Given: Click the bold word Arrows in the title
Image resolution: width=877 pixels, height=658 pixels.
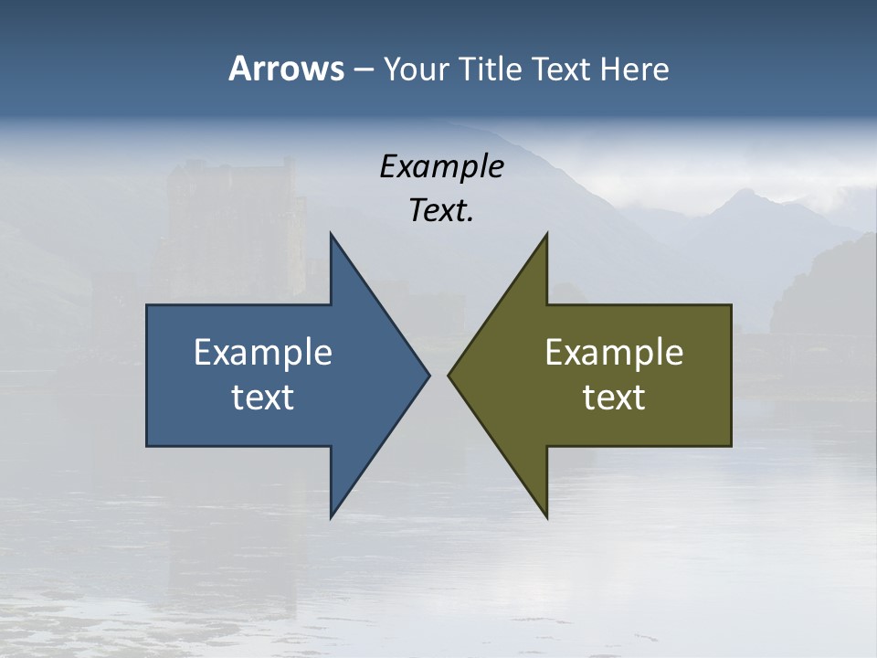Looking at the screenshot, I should coord(285,69).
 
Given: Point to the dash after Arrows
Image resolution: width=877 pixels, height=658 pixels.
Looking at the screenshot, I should coord(363,69).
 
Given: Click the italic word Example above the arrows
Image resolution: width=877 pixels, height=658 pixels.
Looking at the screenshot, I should coord(441,167).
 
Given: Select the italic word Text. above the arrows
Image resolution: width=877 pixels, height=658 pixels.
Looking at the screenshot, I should coord(441,211).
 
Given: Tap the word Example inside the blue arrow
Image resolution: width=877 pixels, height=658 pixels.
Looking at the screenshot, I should coord(263,352).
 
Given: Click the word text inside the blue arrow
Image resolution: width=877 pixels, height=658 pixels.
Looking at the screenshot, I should coord(263,397).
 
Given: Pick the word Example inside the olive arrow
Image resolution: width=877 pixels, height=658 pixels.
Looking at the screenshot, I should coord(614,352).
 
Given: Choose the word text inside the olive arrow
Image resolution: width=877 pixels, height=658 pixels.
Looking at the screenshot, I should coord(614,397).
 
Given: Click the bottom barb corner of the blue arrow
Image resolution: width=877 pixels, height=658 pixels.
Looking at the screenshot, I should coord(332,516).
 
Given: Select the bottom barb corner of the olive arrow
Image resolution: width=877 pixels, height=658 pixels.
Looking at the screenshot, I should coord(546,516).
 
